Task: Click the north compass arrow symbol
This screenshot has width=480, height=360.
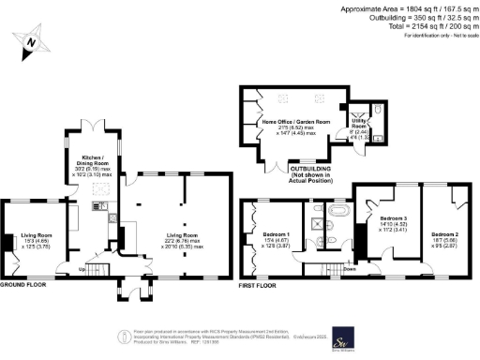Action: [x=31, y=42]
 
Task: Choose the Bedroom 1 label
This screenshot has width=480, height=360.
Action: [x=275, y=238]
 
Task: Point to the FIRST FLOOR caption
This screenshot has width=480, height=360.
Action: [x=260, y=284]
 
